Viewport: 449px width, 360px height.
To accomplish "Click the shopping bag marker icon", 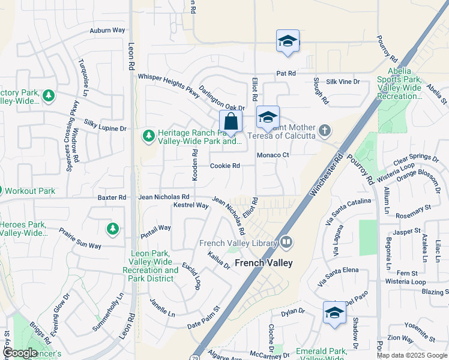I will [231, 122].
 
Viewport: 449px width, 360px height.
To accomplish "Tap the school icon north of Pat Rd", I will [288, 41].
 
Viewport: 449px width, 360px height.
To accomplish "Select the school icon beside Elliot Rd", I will [268, 118].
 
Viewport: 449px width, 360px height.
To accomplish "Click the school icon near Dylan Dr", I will [334, 313].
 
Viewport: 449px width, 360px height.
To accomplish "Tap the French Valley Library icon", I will [286, 243].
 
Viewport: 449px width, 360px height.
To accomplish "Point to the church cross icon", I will [325, 130].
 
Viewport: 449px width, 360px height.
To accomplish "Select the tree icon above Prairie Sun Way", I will [112, 229].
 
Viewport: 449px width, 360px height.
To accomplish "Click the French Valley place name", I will [264, 263].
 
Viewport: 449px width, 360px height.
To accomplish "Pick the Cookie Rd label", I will [225, 166].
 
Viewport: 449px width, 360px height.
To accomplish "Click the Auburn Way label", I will [107, 30].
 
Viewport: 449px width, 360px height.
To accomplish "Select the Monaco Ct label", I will [273, 155].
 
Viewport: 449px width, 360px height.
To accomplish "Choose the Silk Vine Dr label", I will [343, 82].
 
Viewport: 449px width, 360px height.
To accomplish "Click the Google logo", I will [19, 353].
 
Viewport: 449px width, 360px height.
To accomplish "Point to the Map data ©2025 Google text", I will [412, 355].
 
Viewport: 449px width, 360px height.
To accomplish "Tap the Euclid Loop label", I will [192, 275].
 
